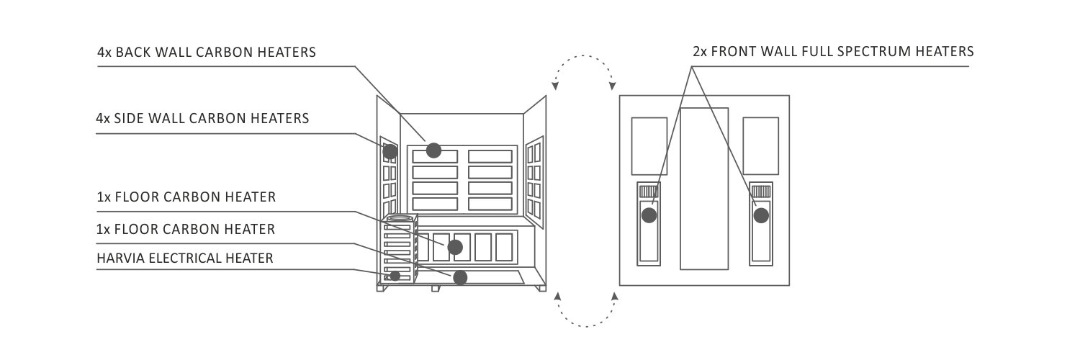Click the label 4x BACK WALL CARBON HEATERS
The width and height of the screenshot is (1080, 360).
pyautogui.click(x=207, y=52)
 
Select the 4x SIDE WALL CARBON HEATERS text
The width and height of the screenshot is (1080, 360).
pyautogui.click(x=202, y=118)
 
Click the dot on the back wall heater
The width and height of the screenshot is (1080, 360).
pyautogui.click(x=433, y=150)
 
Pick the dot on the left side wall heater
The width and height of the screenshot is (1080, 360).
pyautogui.click(x=390, y=152)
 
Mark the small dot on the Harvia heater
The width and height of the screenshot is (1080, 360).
pyautogui.click(x=395, y=276)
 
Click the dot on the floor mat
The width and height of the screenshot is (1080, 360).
pyautogui.click(x=460, y=278)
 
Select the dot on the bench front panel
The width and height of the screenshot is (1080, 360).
pyautogui.click(x=454, y=247)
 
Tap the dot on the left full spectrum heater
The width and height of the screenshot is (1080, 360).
pyautogui.click(x=649, y=215)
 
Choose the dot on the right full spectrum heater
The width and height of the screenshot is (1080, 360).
pyautogui.click(x=761, y=215)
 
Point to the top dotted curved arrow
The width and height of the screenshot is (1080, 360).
pyautogui.click(x=584, y=56)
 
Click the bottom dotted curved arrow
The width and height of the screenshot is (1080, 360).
pyautogui.click(x=586, y=326)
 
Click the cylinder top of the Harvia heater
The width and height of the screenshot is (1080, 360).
pyautogui.click(x=399, y=219)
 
